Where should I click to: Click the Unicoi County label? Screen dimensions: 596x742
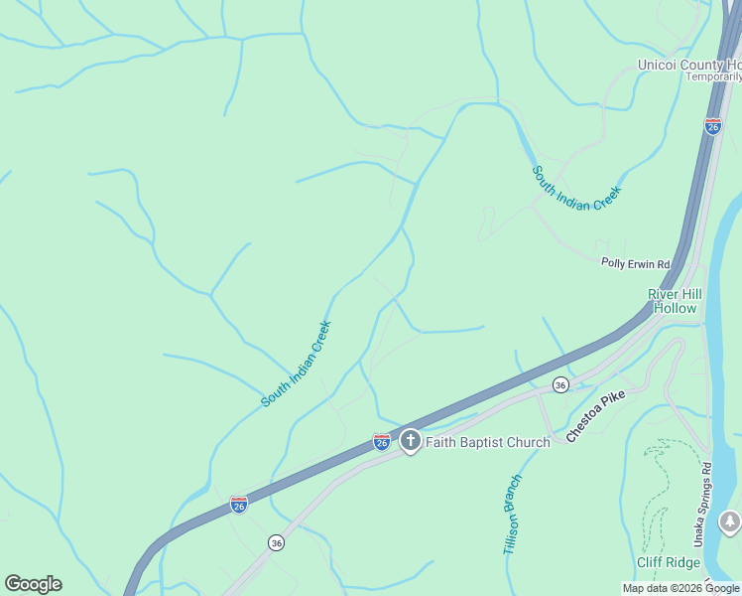click(x=688, y=66)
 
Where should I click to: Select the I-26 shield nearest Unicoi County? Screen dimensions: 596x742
click(x=712, y=126)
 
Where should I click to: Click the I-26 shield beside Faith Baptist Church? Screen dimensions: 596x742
click(x=382, y=441)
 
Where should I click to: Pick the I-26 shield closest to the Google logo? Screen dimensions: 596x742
click(x=239, y=505)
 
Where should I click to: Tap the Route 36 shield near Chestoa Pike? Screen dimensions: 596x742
click(x=560, y=384)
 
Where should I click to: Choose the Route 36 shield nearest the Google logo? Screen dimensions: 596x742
click(x=276, y=542)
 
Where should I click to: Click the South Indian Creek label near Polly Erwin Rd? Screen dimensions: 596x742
click(x=576, y=189)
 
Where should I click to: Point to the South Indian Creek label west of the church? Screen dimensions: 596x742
click(x=296, y=364)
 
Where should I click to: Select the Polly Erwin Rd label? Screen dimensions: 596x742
click(x=636, y=263)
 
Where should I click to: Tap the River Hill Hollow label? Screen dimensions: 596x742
click(x=673, y=301)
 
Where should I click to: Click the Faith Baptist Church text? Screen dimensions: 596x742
click(x=487, y=442)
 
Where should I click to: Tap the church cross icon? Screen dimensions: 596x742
click(x=410, y=440)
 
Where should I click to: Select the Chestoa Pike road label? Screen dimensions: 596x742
click(x=595, y=416)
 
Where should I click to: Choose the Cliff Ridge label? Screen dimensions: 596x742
click(x=669, y=561)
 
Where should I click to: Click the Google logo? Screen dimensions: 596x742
click(x=33, y=584)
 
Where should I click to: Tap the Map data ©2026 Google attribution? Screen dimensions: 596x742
click(x=680, y=589)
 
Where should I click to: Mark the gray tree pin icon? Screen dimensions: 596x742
click(x=730, y=521)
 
